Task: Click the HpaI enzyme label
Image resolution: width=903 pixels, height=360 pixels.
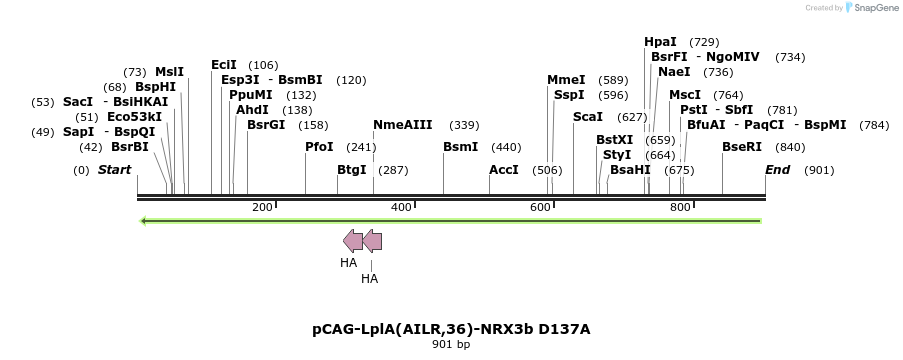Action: click(660, 42)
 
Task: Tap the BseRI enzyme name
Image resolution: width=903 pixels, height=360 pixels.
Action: click(742, 147)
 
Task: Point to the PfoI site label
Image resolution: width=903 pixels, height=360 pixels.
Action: click(319, 147)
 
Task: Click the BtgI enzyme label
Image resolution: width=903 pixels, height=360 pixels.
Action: click(352, 170)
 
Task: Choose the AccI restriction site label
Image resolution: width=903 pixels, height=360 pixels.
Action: click(504, 170)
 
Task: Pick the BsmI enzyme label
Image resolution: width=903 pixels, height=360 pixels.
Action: click(460, 147)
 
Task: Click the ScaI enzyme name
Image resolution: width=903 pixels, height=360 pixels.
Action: click(588, 117)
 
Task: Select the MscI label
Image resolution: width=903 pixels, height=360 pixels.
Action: click(685, 95)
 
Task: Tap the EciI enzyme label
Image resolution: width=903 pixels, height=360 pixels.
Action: click(224, 65)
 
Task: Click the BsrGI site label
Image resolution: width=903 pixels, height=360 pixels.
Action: click(266, 125)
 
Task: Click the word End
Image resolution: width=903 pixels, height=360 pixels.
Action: click(778, 170)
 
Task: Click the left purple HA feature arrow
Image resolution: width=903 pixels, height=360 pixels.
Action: click(353, 240)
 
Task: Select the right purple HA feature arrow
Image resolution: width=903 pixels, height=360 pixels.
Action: click(372, 240)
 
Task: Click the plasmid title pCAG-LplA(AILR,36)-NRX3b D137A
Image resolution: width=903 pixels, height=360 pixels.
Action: click(451, 328)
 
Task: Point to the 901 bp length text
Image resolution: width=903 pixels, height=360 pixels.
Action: click(451, 345)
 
